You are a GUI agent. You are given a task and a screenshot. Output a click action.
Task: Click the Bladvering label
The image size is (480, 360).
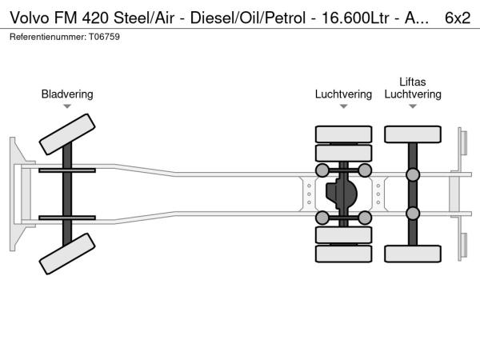(x=67, y=94)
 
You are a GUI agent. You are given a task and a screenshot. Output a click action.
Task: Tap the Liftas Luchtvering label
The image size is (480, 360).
(x=413, y=88)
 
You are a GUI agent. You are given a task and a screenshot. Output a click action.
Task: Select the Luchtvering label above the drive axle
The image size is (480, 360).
(x=343, y=94)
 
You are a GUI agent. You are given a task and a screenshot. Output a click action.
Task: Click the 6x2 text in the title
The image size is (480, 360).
(x=457, y=17)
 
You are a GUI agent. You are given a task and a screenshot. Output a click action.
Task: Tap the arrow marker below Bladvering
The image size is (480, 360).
(x=67, y=106)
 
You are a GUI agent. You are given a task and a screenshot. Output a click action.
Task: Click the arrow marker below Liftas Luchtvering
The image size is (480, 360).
(x=413, y=106)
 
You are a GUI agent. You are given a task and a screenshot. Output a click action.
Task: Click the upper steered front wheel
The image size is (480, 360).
(x=67, y=133)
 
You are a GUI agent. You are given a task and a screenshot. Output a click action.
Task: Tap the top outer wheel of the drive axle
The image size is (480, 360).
(x=344, y=134)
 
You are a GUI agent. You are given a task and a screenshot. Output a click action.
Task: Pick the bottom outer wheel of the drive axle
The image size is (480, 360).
(x=344, y=254)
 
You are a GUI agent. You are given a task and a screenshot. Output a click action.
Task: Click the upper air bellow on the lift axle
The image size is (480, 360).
(x=413, y=175)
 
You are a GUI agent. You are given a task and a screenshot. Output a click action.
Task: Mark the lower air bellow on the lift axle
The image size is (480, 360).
(x=413, y=213)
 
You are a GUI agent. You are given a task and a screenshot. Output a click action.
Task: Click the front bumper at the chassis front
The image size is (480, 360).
(x=15, y=194)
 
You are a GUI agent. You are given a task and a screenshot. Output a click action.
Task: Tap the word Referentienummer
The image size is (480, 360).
(x=44, y=38)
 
